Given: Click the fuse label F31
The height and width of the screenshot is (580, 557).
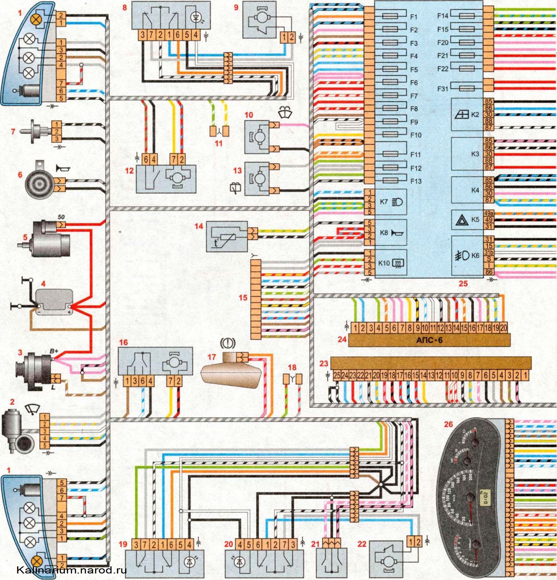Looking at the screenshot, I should pyautogui.click(x=442, y=88).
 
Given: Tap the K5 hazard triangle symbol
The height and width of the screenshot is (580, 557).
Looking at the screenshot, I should pyautogui.click(x=461, y=220).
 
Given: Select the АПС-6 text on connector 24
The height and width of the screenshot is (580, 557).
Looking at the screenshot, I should pyautogui.click(x=429, y=341).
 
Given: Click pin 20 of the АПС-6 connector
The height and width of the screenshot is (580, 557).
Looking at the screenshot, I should pyautogui.click(x=503, y=328).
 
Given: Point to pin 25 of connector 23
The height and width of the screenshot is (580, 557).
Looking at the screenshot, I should pyautogui.click(x=337, y=376).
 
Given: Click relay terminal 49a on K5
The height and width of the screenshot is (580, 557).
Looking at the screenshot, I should pyautogui.click(x=488, y=213).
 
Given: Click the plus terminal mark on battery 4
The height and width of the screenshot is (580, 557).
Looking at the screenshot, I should pyautogui.click(x=69, y=312).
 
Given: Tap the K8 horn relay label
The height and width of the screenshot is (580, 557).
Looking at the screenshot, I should pyautogui.click(x=384, y=233).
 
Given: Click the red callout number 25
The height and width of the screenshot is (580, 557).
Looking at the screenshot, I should pyautogui.click(x=463, y=284).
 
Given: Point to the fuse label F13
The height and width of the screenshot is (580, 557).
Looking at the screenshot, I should pyautogui.click(x=416, y=181).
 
